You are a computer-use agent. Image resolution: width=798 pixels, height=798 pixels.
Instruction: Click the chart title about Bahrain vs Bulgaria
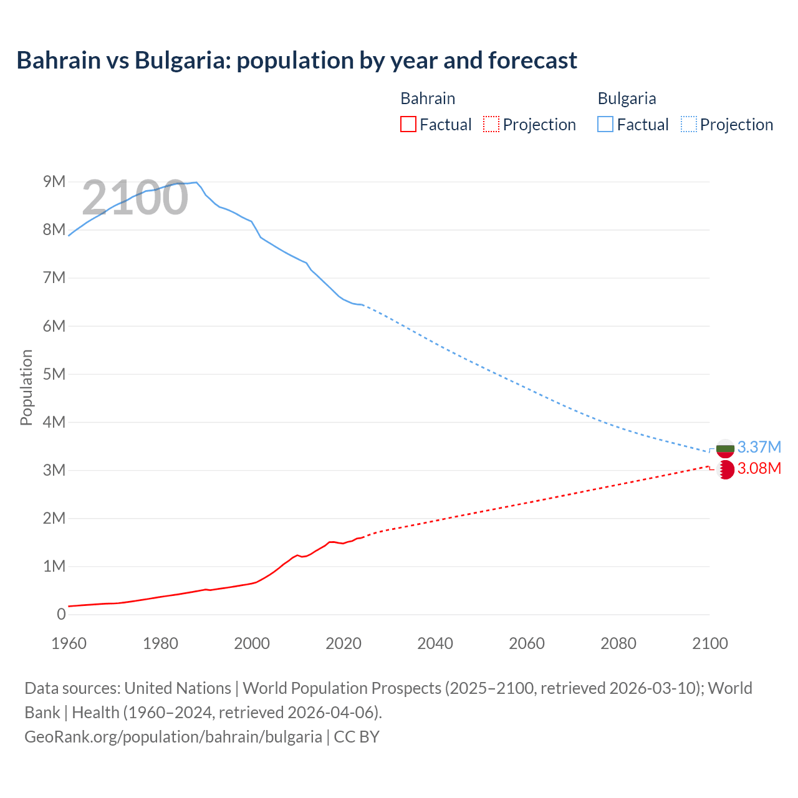297,60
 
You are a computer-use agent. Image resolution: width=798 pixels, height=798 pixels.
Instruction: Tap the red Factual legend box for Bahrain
408,124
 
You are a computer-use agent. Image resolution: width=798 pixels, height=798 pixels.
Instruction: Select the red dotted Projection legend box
491,124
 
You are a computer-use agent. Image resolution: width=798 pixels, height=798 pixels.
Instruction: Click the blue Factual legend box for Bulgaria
605,124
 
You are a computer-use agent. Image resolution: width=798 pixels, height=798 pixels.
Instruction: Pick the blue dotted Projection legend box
688,124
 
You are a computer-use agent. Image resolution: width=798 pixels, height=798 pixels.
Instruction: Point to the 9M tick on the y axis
54,181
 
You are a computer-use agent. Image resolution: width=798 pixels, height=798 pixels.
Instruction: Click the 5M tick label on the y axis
54,374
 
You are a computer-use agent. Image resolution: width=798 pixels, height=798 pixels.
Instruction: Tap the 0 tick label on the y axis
61,614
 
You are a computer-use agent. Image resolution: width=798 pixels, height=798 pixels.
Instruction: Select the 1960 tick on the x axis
69,643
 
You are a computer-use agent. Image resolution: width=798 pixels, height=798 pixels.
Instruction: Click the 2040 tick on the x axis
435,643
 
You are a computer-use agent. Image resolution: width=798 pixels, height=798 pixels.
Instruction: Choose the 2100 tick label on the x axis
710,643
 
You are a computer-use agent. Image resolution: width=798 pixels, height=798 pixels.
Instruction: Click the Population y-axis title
26,387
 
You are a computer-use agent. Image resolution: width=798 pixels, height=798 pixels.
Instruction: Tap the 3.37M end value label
759,447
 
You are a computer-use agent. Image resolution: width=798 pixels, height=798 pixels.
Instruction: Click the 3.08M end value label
759,468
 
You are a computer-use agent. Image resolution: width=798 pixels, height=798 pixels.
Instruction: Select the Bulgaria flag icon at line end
725,448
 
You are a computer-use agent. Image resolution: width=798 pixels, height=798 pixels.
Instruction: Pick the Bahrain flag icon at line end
725,469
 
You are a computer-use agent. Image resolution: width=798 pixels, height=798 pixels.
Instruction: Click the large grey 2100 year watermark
135,198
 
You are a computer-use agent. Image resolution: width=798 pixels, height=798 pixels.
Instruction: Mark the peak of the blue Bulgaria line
196,182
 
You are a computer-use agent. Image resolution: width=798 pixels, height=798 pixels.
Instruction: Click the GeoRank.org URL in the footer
173,736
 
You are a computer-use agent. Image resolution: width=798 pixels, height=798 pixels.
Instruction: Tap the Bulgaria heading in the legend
627,99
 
